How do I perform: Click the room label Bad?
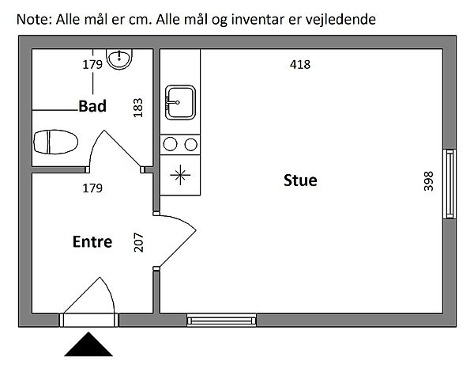click(x=92, y=106)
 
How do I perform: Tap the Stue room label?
click(x=300, y=180)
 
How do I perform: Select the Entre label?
click(x=92, y=242)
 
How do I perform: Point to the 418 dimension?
click(x=300, y=65)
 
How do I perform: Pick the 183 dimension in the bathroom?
click(x=138, y=108)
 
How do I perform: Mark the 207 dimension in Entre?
click(x=139, y=241)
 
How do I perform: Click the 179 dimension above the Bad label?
click(x=92, y=65)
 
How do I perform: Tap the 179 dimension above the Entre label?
click(x=92, y=188)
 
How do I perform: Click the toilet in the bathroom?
click(x=55, y=142)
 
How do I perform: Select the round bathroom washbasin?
click(x=121, y=59)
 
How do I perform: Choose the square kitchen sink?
click(x=180, y=102)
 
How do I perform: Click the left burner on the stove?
click(x=171, y=144)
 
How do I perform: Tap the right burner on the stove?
click(x=190, y=144)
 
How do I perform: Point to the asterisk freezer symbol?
click(x=180, y=175)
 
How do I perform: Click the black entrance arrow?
click(x=90, y=344)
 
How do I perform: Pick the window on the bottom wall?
click(x=222, y=320)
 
